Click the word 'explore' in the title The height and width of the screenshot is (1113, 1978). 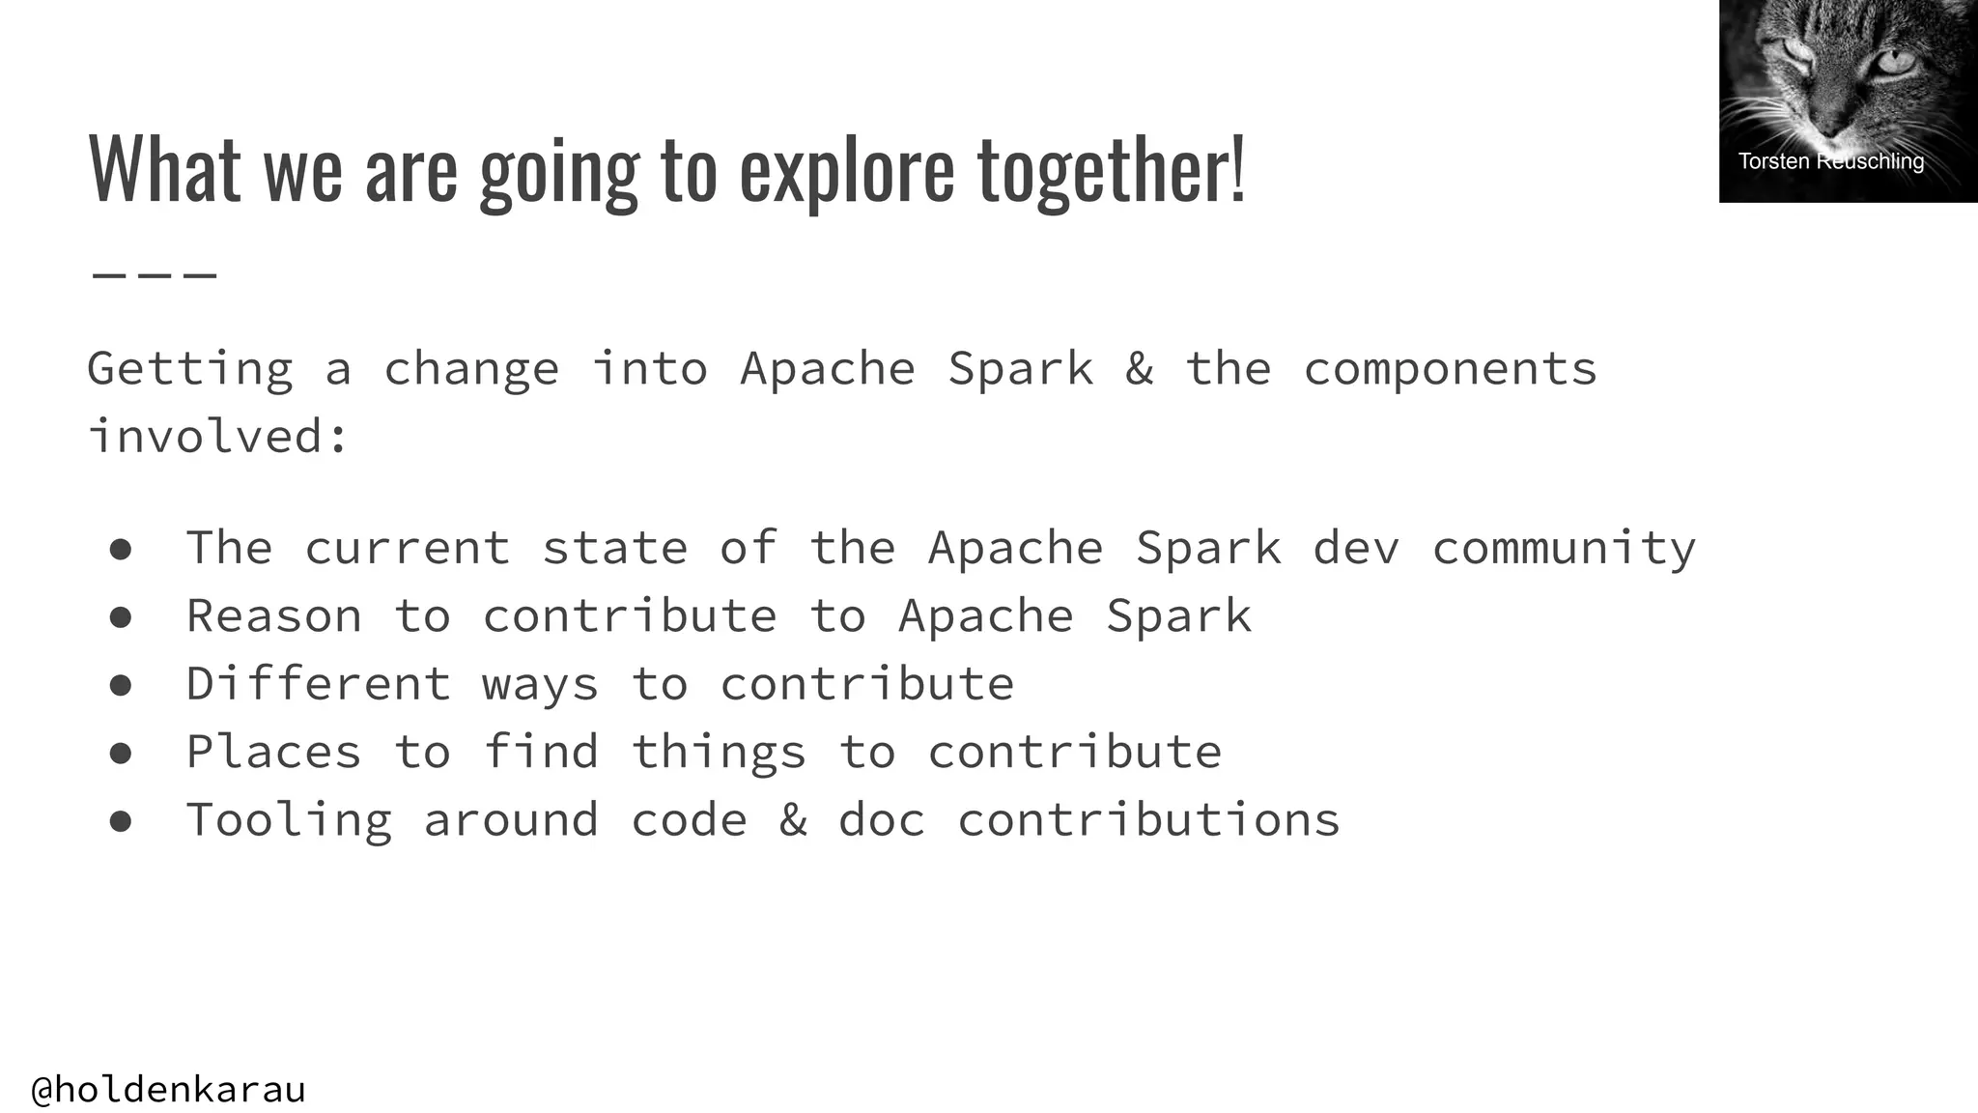(846, 170)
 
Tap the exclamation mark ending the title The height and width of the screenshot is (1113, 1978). (1238, 168)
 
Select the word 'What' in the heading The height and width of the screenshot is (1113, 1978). (163, 168)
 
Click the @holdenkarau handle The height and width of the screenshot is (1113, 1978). (169, 1089)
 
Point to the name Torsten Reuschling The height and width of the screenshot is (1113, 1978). (1830, 161)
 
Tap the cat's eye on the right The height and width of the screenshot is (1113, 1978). (1894, 62)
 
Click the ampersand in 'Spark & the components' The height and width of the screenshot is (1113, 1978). (1139, 368)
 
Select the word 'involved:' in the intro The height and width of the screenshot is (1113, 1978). (217, 436)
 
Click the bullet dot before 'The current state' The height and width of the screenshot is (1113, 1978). (121, 549)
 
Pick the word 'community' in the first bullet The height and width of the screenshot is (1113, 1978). (1563, 548)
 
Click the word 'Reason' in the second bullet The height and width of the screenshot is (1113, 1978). (274, 615)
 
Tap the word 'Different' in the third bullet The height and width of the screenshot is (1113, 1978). (318, 683)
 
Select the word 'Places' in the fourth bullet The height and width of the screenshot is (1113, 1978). (274, 751)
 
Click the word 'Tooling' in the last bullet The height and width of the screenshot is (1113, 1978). (289, 819)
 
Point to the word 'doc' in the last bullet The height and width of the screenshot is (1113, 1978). (881, 819)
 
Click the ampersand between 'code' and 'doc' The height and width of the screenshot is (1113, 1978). (792, 819)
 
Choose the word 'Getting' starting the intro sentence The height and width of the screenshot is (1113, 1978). (190, 368)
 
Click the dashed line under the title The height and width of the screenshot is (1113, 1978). (155, 275)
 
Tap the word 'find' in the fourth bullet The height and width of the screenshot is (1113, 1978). (541, 751)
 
